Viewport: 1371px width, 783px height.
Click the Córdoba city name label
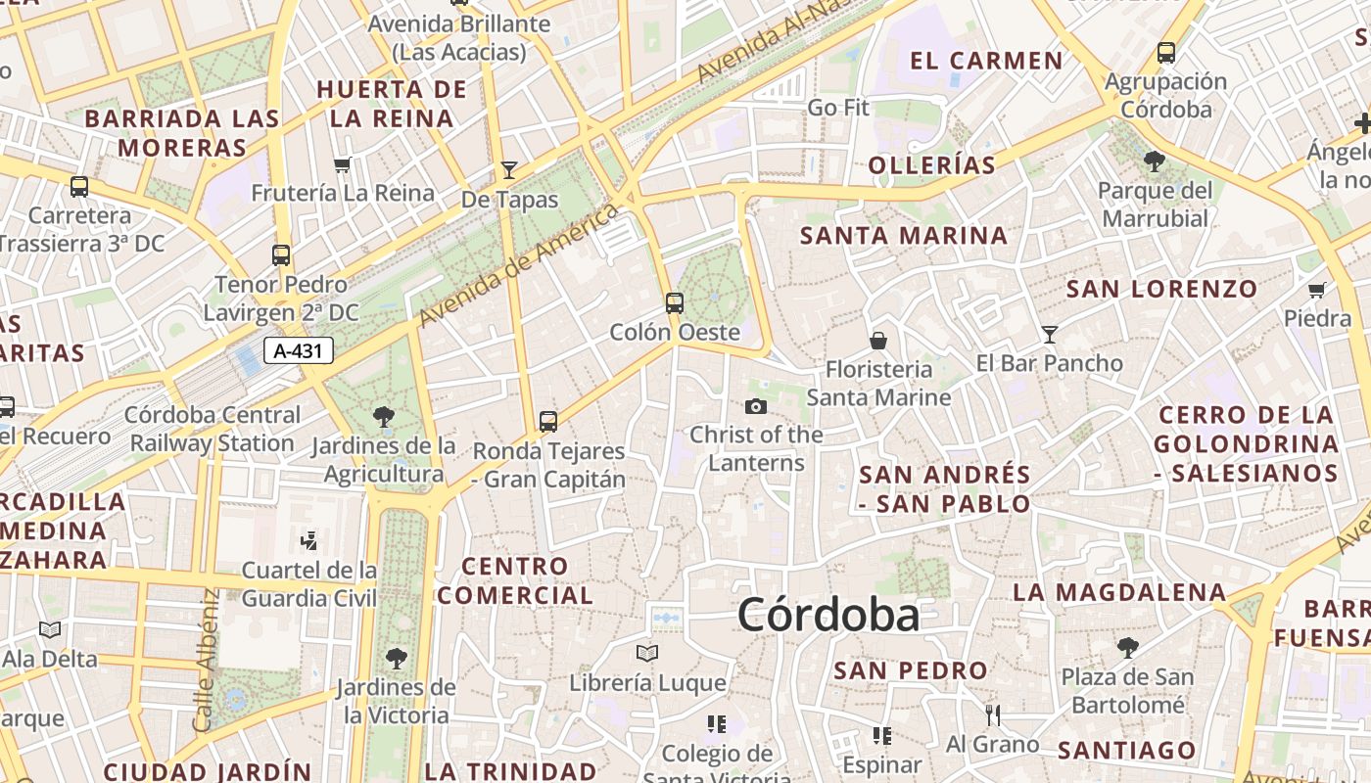pyautogui.click(x=828, y=615)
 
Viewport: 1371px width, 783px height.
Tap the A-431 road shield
pyautogui.click(x=298, y=350)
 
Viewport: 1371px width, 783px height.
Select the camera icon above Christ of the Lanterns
pyautogui.click(x=756, y=406)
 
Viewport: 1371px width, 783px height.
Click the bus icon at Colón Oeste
pyautogui.click(x=674, y=302)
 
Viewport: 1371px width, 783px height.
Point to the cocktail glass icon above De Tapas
pyautogui.click(x=508, y=169)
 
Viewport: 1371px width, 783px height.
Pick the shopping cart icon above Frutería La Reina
pyautogui.click(x=342, y=163)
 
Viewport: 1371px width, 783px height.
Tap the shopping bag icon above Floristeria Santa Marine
pyautogui.click(x=878, y=341)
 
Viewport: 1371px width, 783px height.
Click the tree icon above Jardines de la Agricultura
pyautogui.click(x=384, y=417)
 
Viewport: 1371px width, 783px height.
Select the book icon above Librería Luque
pyautogui.click(x=646, y=653)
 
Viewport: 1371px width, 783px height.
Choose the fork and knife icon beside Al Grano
pyautogui.click(x=993, y=715)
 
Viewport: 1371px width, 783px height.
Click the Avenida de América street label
pyautogui.click(x=519, y=265)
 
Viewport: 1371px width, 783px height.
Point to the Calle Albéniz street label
pyautogui.click(x=204, y=659)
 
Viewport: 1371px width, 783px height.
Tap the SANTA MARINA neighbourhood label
pyautogui.click(x=904, y=236)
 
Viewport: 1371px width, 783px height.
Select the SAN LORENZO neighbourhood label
pyautogui.click(x=1161, y=289)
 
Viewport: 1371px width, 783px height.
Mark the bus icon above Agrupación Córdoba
pyautogui.click(x=1165, y=52)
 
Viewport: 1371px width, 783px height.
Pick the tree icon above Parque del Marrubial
pyautogui.click(x=1155, y=161)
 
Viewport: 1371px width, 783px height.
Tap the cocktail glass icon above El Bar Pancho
pyautogui.click(x=1050, y=334)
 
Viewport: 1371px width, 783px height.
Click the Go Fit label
pyautogui.click(x=838, y=108)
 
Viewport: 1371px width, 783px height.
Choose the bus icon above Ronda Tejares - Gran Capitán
pyautogui.click(x=547, y=422)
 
